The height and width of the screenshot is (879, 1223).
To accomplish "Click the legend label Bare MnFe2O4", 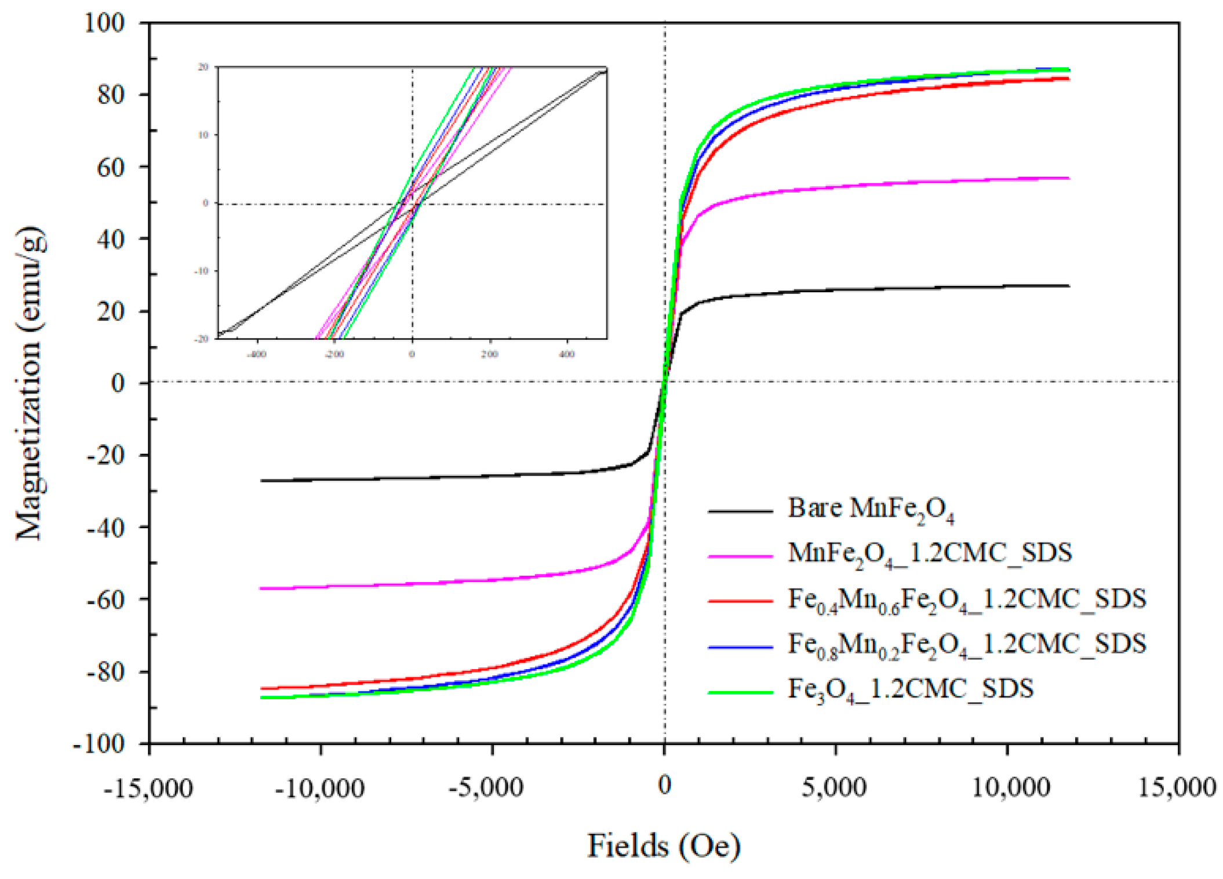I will [x=871, y=509].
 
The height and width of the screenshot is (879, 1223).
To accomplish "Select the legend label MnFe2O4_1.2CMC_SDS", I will [x=930, y=554].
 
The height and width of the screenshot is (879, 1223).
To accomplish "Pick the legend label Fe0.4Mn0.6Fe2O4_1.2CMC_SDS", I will [x=967, y=600].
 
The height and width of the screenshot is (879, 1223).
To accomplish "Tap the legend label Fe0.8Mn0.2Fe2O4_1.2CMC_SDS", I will [x=967, y=645].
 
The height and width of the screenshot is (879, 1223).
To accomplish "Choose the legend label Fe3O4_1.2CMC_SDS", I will [x=911, y=690].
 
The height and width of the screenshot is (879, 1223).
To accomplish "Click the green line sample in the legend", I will [x=740, y=692].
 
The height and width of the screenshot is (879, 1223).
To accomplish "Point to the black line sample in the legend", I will [x=740, y=511].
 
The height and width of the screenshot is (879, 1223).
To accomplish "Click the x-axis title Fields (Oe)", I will [x=664, y=845].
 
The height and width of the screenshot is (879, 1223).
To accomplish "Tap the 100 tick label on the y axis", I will [x=104, y=23].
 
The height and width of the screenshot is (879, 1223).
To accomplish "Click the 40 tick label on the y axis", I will [x=110, y=239].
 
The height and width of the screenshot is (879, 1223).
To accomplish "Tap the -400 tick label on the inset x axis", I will [x=256, y=354].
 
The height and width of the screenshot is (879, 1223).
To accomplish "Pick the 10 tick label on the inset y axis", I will [x=203, y=135].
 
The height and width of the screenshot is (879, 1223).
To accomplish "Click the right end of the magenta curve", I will [x=1068, y=178].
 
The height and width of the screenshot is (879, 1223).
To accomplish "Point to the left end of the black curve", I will [x=262, y=481].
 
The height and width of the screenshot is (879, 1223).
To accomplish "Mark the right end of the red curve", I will [x=1068, y=78].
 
